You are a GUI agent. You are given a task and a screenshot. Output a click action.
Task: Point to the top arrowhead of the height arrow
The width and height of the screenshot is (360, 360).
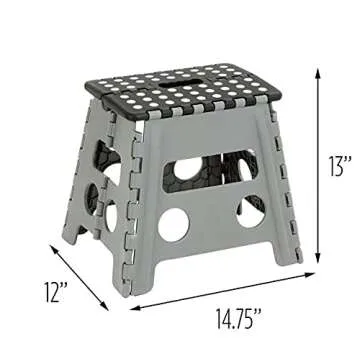click(x=320, y=71)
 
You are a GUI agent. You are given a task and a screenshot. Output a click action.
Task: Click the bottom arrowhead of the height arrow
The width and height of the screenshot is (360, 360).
click(x=320, y=258)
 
